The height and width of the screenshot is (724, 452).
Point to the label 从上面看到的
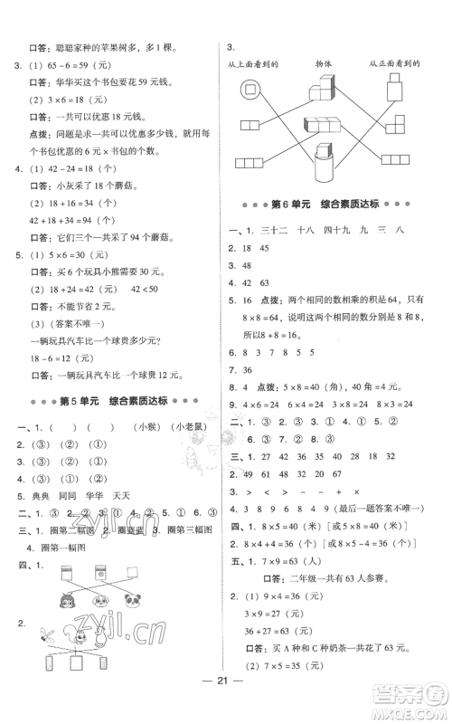coord(254,64)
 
